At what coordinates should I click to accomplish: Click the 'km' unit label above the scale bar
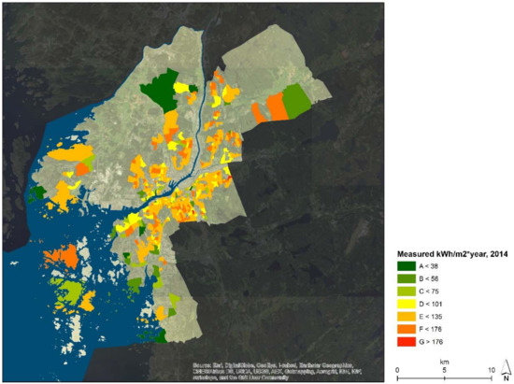click(x=445, y=358)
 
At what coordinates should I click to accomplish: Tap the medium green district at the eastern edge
click(x=296, y=100)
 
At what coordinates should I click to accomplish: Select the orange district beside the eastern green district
click(x=275, y=107)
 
